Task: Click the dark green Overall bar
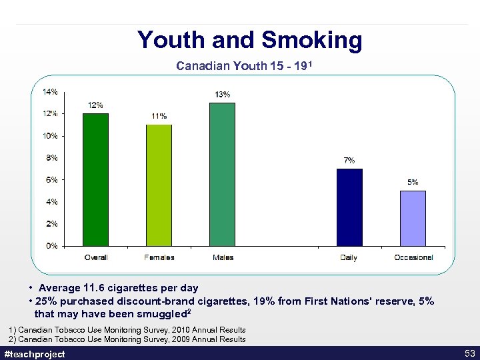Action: point(95,179)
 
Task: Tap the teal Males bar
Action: point(222,174)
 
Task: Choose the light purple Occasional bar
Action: point(413,218)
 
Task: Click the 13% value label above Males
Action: point(223,94)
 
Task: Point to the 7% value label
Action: point(349,160)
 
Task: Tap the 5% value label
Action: point(413,182)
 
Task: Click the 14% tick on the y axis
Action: point(50,91)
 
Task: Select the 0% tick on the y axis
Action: point(51,245)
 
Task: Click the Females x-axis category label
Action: point(159,257)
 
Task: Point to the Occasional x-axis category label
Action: point(413,257)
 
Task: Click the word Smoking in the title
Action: point(311,40)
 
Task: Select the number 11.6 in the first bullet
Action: point(93,288)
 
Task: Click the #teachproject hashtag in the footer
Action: point(35,354)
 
